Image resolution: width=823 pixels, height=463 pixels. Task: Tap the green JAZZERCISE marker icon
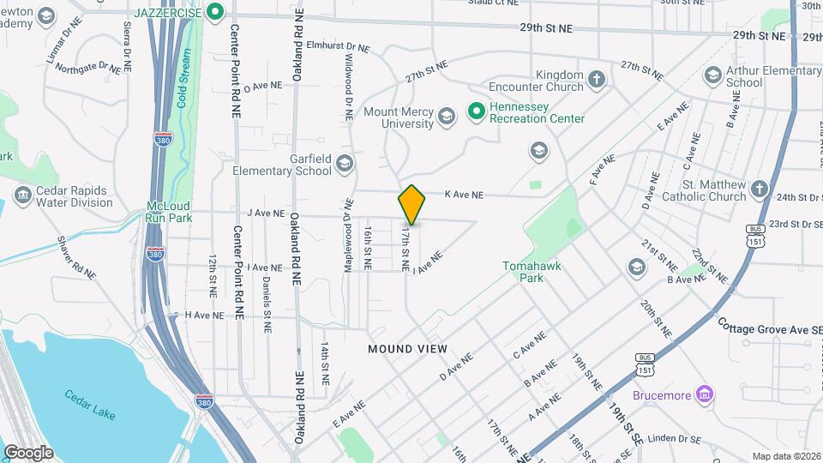(217, 12)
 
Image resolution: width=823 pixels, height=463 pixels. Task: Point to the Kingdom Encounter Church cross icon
(597, 81)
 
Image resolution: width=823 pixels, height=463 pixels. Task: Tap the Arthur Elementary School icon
(712, 75)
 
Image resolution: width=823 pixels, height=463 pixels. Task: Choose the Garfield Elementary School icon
(344, 163)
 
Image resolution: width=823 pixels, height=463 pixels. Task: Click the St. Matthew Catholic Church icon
(760, 189)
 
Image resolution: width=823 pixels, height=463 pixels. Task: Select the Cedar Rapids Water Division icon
(23, 196)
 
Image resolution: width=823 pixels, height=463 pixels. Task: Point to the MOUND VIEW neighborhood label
(407, 349)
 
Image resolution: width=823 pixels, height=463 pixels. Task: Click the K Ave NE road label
(464, 195)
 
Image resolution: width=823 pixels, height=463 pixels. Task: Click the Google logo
(28, 452)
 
